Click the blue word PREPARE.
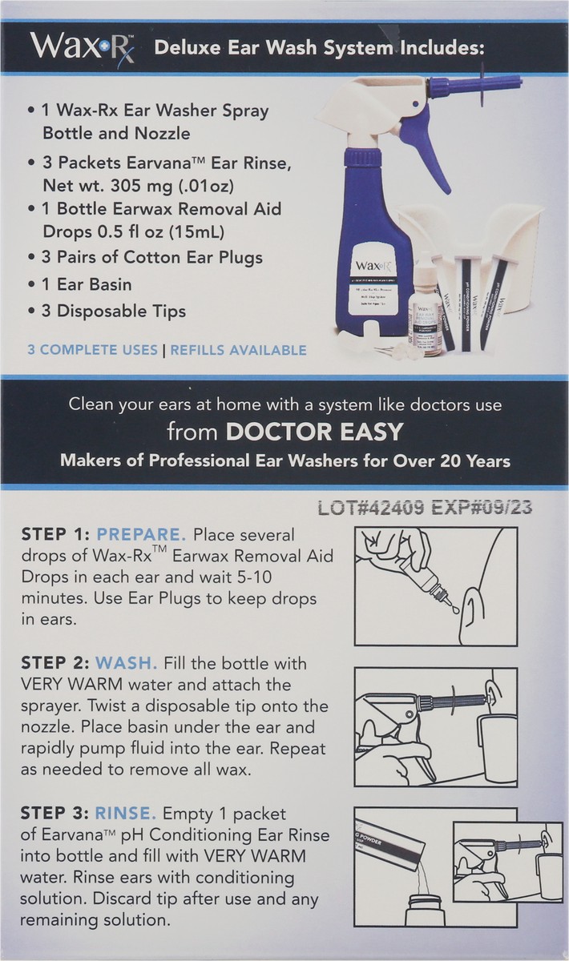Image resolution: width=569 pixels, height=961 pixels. tap(141, 534)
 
